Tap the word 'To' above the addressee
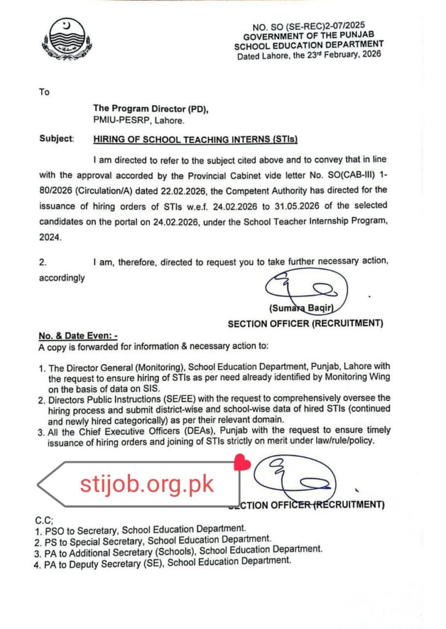[44, 92]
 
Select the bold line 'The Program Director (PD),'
[151, 109]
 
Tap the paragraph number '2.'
[43, 262]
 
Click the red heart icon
[242, 461]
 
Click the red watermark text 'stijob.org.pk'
[147, 484]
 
